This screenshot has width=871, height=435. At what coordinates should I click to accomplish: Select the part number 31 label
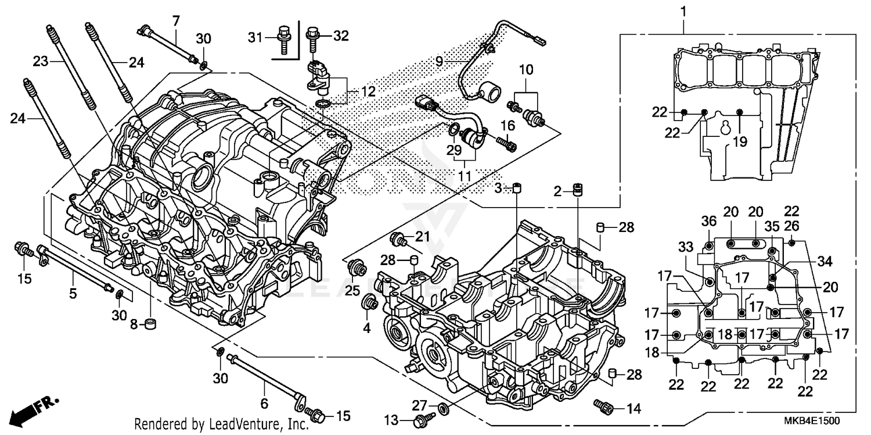(x=256, y=37)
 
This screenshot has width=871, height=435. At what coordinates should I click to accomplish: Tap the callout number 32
(x=340, y=36)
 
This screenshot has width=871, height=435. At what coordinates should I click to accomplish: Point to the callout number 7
(x=175, y=21)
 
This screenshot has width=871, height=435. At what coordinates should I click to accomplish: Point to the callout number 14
(x=633, y=408)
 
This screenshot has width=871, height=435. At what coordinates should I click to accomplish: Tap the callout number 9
(x=439, y=61)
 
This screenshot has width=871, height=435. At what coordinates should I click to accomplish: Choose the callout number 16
(x=508, y=126)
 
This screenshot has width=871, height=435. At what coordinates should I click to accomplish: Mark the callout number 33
(x=686, y=247)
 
